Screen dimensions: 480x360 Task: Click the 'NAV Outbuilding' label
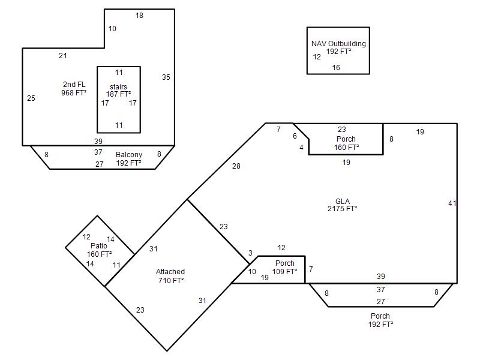pyautogui.click(x=338, y=43)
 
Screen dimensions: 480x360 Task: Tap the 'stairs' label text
pyautogui.click(x=118, y=86)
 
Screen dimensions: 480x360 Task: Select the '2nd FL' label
pyautogui.click(x=74, y=85)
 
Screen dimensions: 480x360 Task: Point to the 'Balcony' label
pyautogui.click(x=129, y=155)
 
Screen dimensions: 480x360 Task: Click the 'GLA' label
pyautogui.click(x=343, y=201)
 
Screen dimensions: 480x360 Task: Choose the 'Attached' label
pyautogui.click(x=170, y=272)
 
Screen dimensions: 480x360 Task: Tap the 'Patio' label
pyautogui.click(x=99, y=245)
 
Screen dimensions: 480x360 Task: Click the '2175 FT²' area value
pyautogui.click(x=342, y=209)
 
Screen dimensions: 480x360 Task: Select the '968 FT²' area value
pyautogui.click(x=74, y=93)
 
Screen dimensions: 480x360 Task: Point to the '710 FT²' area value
pyautogui.click(x=171, y=280)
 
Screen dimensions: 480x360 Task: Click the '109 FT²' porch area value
pyautogui.click(x=284, y=271)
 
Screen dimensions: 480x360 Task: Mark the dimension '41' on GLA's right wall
pyautogui.click(x=452, y=203)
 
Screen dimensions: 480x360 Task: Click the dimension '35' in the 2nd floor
pyautogui.click(x=166, y=77)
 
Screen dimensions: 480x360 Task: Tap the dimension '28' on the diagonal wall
pyautogui.click(x=236, y=166)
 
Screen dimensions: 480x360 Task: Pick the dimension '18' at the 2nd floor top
pyautogui.click(x=139, y=16)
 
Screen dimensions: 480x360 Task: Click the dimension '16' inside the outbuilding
pyautogui.click(x=336, y=68)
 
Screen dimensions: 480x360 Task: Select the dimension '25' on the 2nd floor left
pyautogui.click(x=31, y=98)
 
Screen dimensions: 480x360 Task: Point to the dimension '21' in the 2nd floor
pyautogui.click(x=63, y=56)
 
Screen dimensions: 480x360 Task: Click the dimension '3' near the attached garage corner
pyautogui.click(x=250, y=253)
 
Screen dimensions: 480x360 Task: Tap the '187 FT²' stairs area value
pyautogui.click(x=118, y=94)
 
